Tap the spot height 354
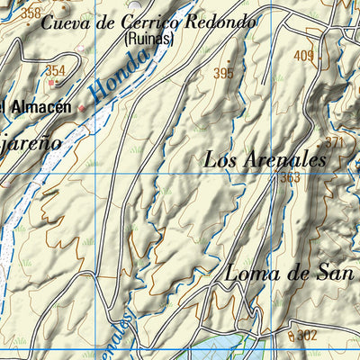[x=56, y=71]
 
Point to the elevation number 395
[x=223, y=73]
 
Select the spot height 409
[x=303, y=57]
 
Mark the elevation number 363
[x=290, y=177]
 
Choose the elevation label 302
[x=308, y=335]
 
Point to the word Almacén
[x=40, y=107]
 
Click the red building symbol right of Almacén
[x=83, y=107]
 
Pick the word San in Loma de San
[x=332, y=274]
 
